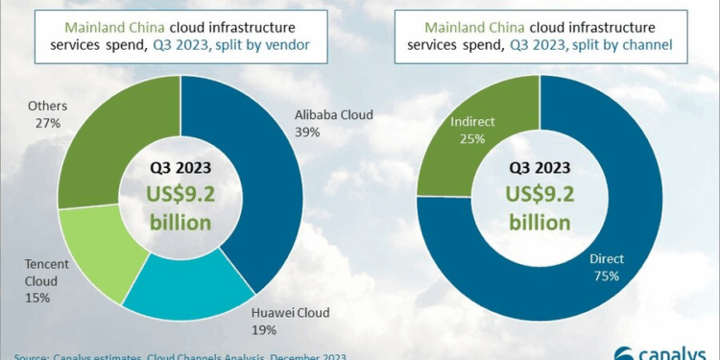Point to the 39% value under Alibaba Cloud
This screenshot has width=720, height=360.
coord(306,132)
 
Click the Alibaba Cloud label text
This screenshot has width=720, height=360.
coord(333,115)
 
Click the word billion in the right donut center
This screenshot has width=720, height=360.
coord(540,223)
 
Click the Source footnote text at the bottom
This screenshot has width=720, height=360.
coord(173,355)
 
